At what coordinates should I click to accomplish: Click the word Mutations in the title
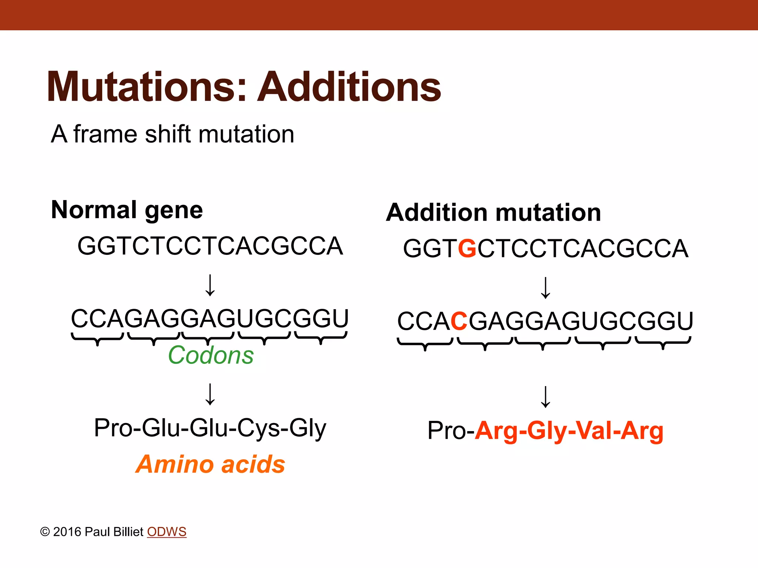pos(146,87)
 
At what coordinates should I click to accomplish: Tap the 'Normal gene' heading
pos(127,210)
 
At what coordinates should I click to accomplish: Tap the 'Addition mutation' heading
pos(493,213)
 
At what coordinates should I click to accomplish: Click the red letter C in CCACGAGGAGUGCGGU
pos(459,321)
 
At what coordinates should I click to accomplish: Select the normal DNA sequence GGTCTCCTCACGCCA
pos(210,246)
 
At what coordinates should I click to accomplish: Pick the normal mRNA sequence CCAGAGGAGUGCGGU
pos(209,318)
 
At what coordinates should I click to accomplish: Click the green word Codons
pos(211,355)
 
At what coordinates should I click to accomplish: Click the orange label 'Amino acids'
pos(210,464)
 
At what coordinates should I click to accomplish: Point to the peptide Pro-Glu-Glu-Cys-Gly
pos(210,428)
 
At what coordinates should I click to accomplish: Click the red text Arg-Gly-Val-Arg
pos(569,431)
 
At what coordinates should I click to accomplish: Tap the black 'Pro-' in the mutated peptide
pos(450,431)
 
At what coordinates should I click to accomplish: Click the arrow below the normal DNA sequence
pos(210,285)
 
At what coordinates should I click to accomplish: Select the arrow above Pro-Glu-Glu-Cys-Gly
pos(210,394)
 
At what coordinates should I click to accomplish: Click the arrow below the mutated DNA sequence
pos(546,288)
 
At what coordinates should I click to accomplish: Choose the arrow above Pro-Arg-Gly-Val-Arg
pos(546,397)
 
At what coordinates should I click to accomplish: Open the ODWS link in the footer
pos(167,532)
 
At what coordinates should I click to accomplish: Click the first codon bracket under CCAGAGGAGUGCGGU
pos(97,338)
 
